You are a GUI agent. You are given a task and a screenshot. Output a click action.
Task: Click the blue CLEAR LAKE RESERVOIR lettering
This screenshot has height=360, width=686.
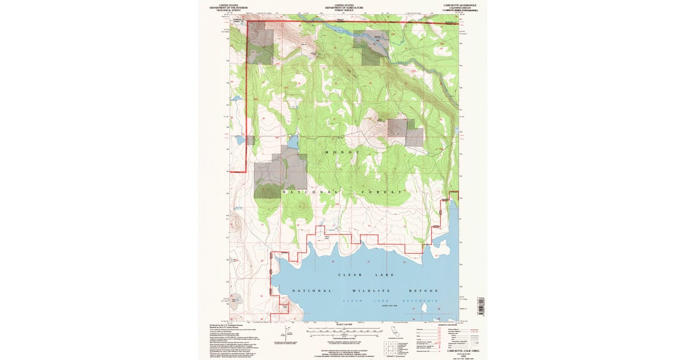(x=390, y=301)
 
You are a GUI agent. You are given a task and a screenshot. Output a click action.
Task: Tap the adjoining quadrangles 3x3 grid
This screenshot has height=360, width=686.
(x=390, y=348)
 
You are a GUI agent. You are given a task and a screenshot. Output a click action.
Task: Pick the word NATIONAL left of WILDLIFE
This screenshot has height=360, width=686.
(x=312, y=291)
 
